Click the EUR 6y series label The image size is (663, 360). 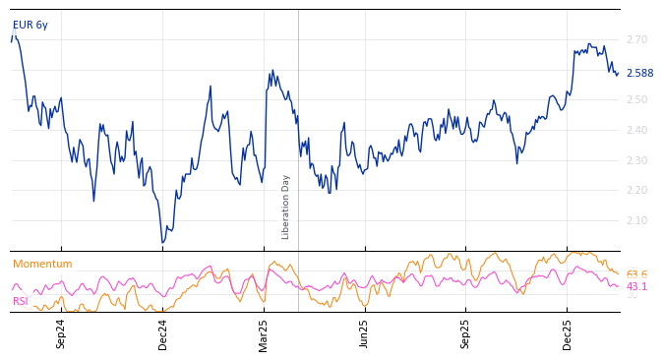[30, 26]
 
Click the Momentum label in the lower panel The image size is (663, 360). [42, 265]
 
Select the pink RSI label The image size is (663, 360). [21, 301]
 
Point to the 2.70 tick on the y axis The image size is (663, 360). [636, 40]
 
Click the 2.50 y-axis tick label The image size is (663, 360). [636, 100]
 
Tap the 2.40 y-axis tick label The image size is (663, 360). [636, 131]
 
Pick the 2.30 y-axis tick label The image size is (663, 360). [636, 160]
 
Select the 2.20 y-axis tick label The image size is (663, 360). [636, 191]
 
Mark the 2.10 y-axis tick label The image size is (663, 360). [636, 221]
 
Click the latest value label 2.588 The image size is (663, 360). [639, 74]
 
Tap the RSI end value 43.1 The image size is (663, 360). [636, 287]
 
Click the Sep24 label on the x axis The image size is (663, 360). [61, 333]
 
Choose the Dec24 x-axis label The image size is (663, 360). [163, 333]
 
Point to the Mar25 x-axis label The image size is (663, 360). [264, 333]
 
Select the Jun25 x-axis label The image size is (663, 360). [364, 333]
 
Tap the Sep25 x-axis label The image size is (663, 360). [465, 333]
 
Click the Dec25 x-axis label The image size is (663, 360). [568, 333]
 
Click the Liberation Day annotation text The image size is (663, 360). [286, 207]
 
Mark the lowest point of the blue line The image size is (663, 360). [163, 242]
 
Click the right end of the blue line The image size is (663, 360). [618, 73]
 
